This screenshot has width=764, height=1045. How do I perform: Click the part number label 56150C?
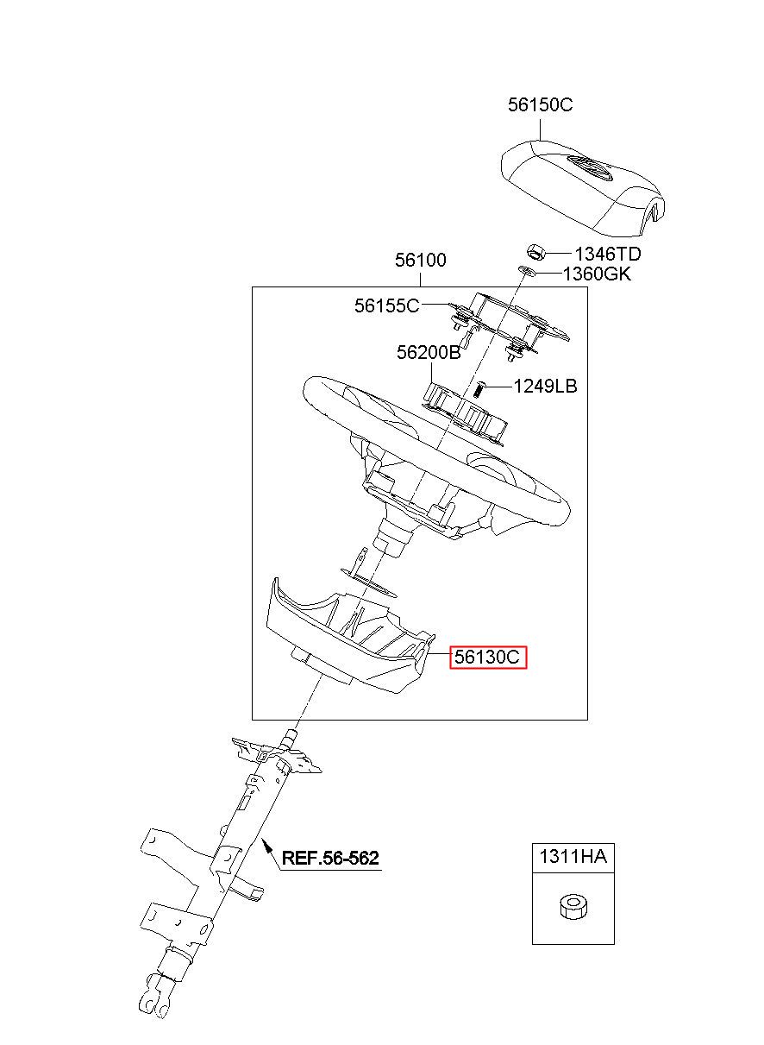(540, 105)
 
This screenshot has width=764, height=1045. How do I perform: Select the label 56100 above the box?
(421, 260)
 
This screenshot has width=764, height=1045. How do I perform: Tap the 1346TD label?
(608, 254)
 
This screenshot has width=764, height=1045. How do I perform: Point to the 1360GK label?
(597, 274)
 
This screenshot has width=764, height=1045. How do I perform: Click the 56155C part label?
(386, 305)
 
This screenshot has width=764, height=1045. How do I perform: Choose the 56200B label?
(429, 353)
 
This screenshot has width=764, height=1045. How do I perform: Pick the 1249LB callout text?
(545, 387)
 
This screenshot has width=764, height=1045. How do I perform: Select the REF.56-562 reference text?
(330, 858)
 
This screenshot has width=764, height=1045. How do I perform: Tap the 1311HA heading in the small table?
(573, 857)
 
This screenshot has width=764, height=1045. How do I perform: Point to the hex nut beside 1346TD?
(535, 253)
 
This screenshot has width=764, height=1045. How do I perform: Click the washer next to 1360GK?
(526, 273)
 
